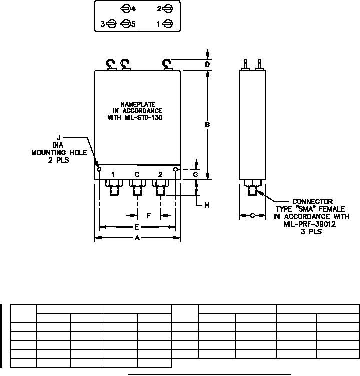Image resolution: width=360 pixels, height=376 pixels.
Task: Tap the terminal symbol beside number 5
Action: click(125, 24)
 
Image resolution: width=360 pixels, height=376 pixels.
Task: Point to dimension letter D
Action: click(207, 64)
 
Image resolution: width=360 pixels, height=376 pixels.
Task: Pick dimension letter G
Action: click(196, 174)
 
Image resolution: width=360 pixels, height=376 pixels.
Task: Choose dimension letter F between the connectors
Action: click(149, 215)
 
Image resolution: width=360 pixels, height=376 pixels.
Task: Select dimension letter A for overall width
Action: click(138, 238)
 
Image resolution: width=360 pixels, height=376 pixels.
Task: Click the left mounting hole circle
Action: click(99, 169)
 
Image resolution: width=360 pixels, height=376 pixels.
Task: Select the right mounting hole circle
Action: click(176, 169)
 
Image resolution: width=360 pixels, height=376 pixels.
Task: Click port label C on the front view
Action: click(136, 174)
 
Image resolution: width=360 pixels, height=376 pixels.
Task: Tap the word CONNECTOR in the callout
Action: click(313, 202)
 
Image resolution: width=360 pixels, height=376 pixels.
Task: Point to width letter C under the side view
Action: click(252, 215)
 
